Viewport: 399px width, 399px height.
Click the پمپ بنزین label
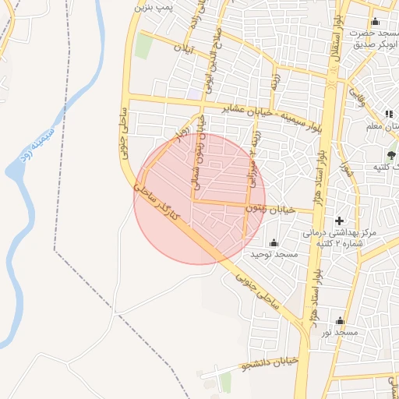(x=153, y=6)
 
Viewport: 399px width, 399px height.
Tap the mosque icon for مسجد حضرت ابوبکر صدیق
(x=376, y=21)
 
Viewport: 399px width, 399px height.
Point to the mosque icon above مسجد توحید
(x=274, y=243)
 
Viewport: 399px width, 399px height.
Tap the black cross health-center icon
(x=339, y=221)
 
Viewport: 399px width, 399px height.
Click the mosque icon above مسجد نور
(x=340, y=320)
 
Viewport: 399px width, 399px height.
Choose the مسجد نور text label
(x=340, y=333)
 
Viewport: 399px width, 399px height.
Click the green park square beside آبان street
(x=143, y=46)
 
